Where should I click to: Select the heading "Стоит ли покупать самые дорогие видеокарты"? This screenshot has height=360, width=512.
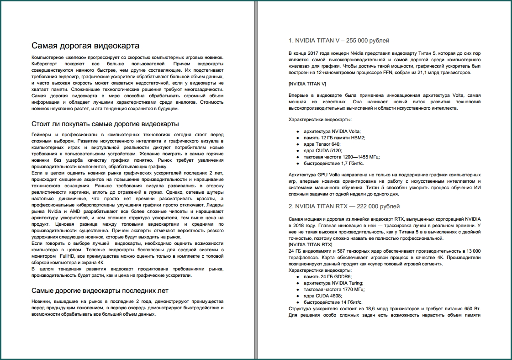click(105, 124)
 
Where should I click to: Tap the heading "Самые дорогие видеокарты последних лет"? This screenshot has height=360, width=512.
click(100, 291)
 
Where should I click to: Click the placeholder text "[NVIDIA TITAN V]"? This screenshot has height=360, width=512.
click(307, 84)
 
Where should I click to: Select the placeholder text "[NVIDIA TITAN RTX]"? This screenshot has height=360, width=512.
click(311, 245)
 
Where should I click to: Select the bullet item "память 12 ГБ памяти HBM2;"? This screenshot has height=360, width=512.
click(334, 138)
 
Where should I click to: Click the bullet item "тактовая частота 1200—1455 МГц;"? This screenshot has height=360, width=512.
click(342, 157)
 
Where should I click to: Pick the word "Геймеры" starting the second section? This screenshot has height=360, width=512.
click(42, 135)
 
